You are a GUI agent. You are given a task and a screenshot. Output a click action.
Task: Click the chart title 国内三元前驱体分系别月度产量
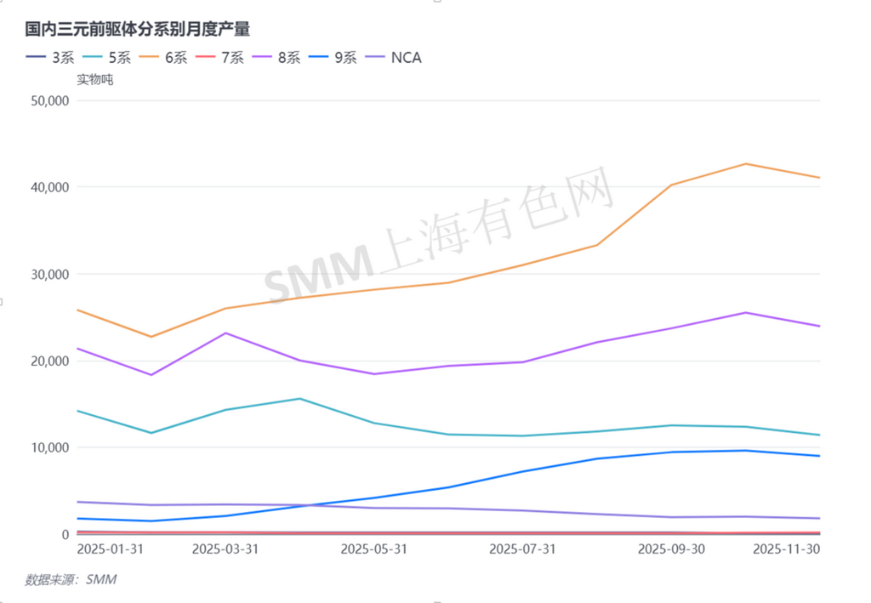[138, 29]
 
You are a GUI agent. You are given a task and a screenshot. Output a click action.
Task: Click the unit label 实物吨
[94, 80]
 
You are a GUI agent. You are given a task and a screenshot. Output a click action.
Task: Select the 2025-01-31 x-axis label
[110, 549]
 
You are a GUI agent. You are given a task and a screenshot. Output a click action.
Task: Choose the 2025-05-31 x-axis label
[373, 549]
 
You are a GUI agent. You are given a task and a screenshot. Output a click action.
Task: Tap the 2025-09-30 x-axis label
[671, 549]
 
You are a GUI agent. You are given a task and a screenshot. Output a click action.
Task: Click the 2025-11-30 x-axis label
[787, 549]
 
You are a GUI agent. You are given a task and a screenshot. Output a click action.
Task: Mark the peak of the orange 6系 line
[746, 163]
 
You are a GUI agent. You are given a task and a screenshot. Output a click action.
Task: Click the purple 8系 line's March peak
[225, 333]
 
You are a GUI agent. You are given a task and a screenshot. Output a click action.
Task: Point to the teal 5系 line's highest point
[299, 398]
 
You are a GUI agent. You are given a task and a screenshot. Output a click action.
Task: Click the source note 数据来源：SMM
[71, 580]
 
